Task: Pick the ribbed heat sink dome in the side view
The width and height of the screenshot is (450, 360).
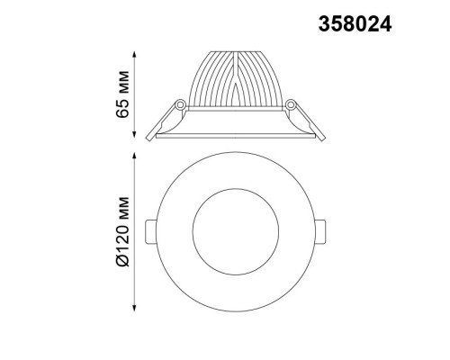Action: [x=236, y=81]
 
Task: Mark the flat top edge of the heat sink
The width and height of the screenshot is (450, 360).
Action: [x=236, y=53]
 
